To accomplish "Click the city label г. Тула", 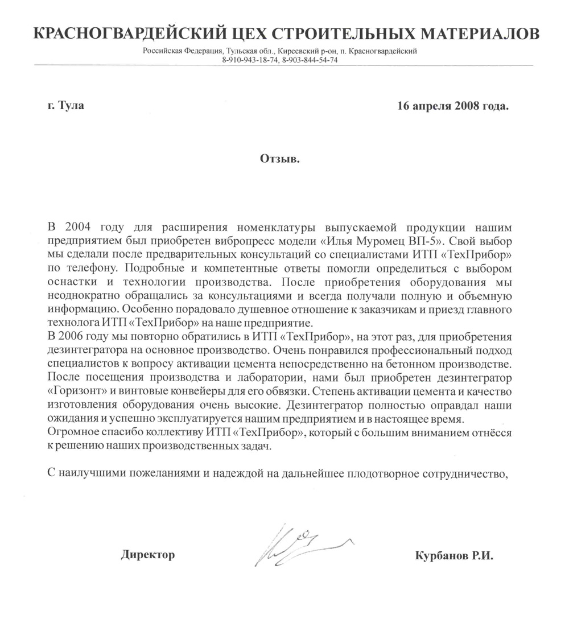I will (x=66, y=106).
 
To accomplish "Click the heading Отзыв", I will (x=280, y=158).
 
